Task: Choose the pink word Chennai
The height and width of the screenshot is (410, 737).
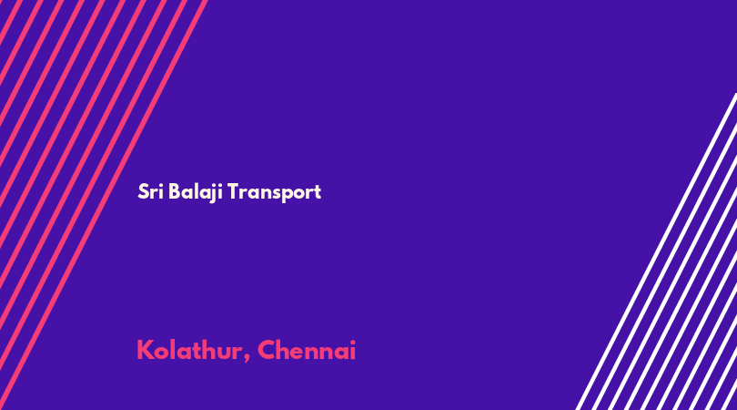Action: click(x=307, y=350)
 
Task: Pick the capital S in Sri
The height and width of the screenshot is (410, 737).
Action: click(x=143, y=191)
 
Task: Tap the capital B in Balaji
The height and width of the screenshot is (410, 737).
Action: click(x=175, y=191)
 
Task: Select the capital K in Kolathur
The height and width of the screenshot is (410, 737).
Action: click(x=146, y=350)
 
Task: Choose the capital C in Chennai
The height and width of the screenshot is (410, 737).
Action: click(x=266, y=350)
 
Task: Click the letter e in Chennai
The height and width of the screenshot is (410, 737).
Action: click(x=299, y=354)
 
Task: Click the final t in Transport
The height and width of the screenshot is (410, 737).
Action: click(x=318, y=192)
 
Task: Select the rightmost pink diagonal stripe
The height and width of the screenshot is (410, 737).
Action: click(x=104, y=205)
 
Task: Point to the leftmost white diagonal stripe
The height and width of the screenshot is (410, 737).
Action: click(x=657, y=251)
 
